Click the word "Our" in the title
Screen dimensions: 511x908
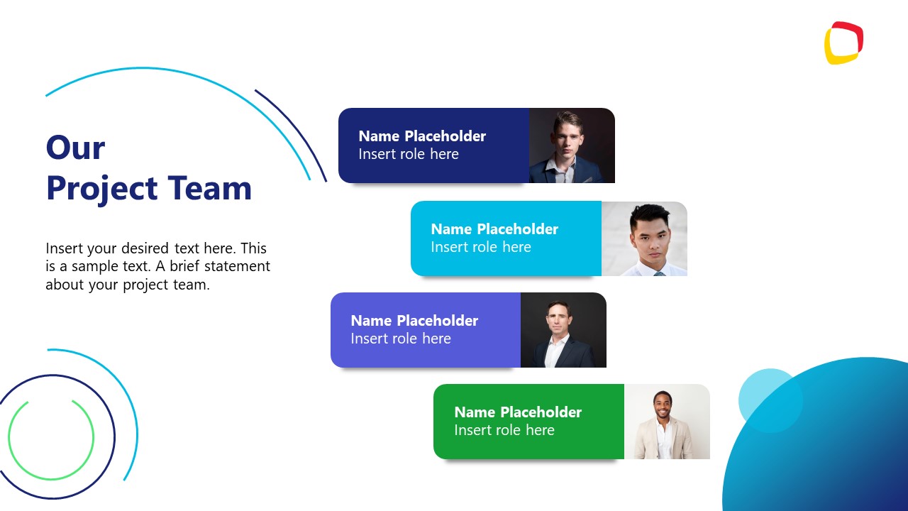pyautogui.click(x=75, y=148)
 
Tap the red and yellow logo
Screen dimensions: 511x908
pyautogui.click(x=843, y=43)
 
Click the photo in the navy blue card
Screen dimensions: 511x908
pyautogui.click(x=572, y=145)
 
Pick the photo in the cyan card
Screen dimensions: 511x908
pyautogui.click(x=644, y=238)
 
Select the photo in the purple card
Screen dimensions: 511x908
pyautogui.click(x=563, y=330)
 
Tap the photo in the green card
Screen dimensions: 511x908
pyautogui.click(x=667, y=422)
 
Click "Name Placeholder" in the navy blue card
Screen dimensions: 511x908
pyautogui.click(x=422, y=136)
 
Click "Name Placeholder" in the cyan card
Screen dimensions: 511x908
pyautogui.click(x=494, y=229)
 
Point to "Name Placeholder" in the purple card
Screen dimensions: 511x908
pyautogui.click(x=414, y=321)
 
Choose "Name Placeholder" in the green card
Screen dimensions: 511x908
pyautogui.click(x=518, y=412)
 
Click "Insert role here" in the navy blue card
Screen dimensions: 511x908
pyautogui.click(x=409, y=154)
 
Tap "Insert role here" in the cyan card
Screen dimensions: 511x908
pyautogui.click(x=481, y=247)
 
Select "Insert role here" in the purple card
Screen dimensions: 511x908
pyautogui.click(x=401, y=339)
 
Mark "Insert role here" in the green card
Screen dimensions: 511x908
pyautogui.click(x=504, y=430)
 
